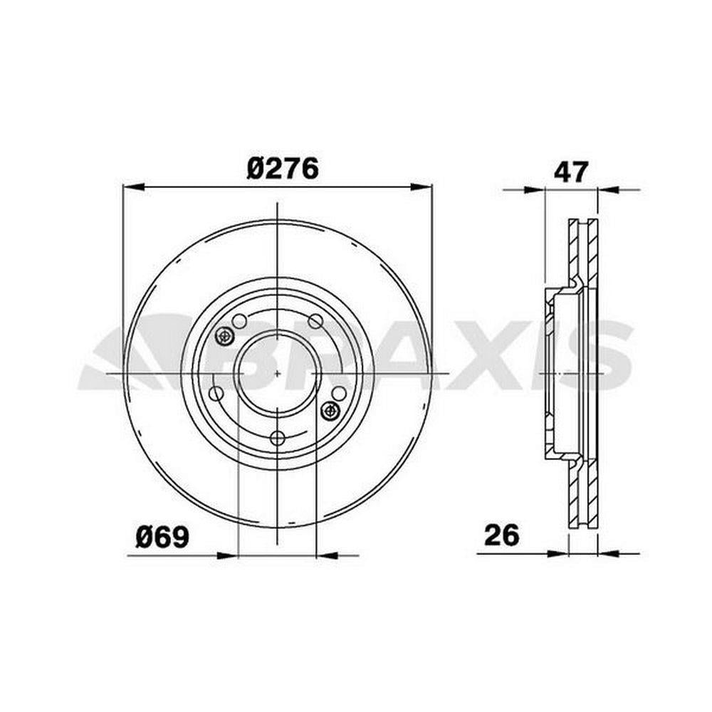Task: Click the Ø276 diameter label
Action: (x=283, y=169)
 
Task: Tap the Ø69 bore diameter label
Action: (x=162, y=537)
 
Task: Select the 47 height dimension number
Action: (x=571, y=171)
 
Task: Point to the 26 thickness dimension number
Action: (x=501, y=535)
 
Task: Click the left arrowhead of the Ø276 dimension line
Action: (x=134, y=186)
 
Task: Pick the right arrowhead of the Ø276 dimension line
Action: (x=421, y=186)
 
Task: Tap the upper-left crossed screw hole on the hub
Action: (x=224, y=336)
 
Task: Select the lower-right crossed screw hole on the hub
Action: (x=330, y=411)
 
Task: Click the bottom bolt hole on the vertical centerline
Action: (x=277, y=438)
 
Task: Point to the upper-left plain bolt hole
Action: (x=239, y=322)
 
